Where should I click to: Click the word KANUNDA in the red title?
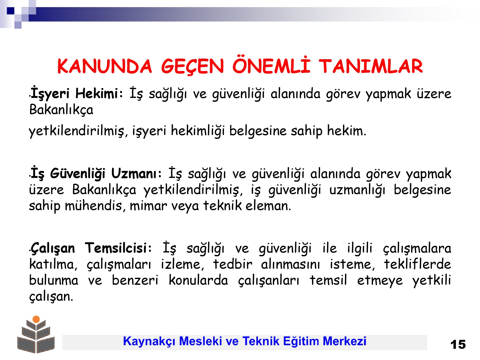(x=105, y=66)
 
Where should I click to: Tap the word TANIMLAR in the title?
(x=371, y=66)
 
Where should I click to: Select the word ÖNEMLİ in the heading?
(x=271, y=65)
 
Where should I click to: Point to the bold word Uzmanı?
(x=136, y=173)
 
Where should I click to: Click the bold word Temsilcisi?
(x=118, y=248)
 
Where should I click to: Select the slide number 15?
(x=458, y=345)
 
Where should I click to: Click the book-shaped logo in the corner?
(x=36, y=335)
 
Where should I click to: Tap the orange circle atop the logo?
(x=36, y=319)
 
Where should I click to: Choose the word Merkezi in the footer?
(x=344, y=341)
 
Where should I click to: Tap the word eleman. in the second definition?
(x=268, y=206)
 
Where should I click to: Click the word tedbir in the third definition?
(x=233, y=264)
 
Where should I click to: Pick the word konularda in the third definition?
(x=198, y=280)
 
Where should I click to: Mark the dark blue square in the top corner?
(x=11, y=11)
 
